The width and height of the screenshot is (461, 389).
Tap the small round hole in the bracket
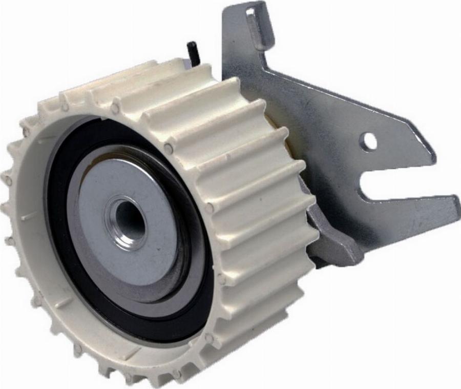coord(368,141)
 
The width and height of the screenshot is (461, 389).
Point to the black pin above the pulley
coord(192,52)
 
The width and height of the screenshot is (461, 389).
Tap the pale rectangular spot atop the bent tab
coord(253,10)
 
